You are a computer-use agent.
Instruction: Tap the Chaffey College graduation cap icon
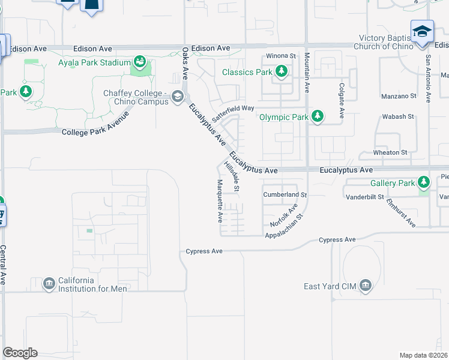pos(177,97)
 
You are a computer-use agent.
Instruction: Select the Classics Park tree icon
pos(281,72)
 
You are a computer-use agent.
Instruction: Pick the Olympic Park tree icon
pos(317,116)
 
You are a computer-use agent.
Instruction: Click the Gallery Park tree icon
pos(424,182)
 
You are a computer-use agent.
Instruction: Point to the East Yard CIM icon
pos(365,286)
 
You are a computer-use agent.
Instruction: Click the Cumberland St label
pos(285,195)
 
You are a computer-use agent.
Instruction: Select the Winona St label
pos(282,56)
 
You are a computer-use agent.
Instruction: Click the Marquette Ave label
pos(220,200)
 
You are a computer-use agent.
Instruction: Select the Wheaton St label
pos(390,152)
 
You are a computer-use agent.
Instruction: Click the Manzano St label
pos(399,96)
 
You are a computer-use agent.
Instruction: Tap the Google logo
pos(20,353)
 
